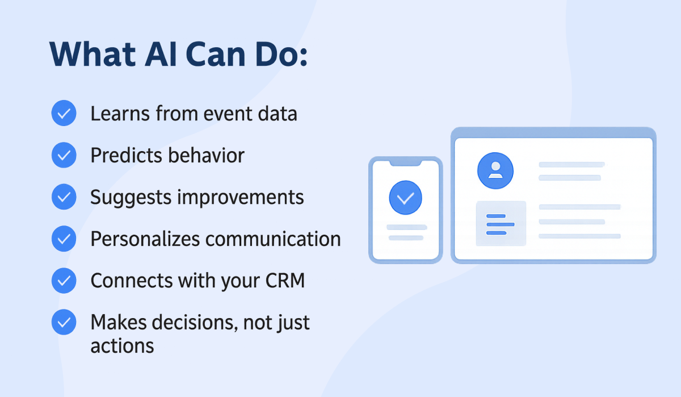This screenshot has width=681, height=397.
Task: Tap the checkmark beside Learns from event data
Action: pos(64,114)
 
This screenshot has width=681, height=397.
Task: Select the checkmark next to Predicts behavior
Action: pos(64,155)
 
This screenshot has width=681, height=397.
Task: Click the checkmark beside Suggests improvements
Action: pos(64,197)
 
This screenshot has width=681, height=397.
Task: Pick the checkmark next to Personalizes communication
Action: pos(64,239)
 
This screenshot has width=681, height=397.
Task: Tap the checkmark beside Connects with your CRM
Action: pos(64,281)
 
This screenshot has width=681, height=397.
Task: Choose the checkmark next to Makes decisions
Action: pos(64,322)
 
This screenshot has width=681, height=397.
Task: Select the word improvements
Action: pos(241,197)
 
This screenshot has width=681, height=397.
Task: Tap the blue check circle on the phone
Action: pos(405,198)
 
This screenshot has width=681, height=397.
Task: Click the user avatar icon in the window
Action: pos(495,170)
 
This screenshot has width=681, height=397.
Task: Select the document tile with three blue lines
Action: pos(501,224)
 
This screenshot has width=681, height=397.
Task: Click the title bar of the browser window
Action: pos(553,132)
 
